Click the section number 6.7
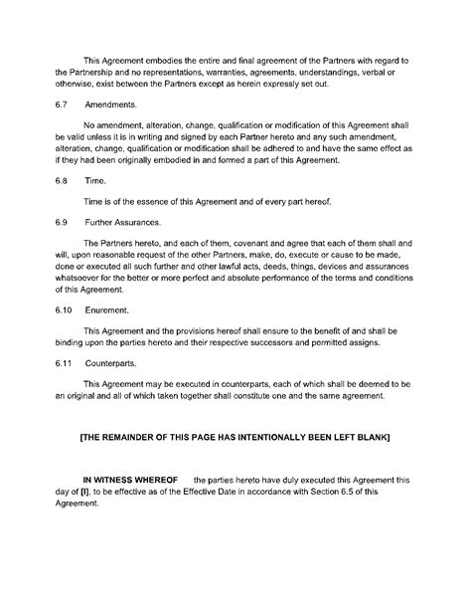(61, 103)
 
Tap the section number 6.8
(61, 180)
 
